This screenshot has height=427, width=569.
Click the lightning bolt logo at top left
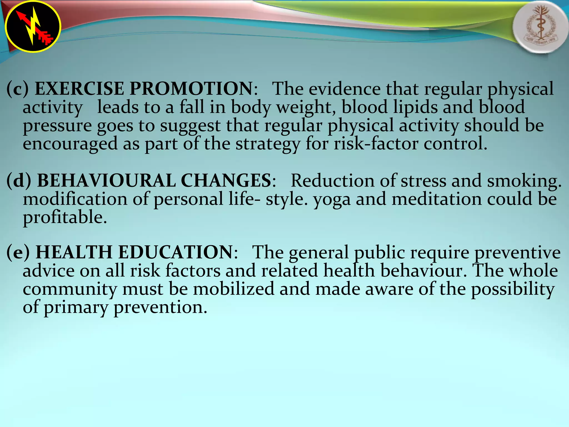point(33,27)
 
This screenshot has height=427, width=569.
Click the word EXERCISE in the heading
point(79,89)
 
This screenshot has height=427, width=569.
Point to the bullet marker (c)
point(17,89)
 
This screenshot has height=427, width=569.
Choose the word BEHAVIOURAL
point(106,181)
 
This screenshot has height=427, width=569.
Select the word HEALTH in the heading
point(74,252)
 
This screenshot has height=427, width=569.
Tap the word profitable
point(65,218)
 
